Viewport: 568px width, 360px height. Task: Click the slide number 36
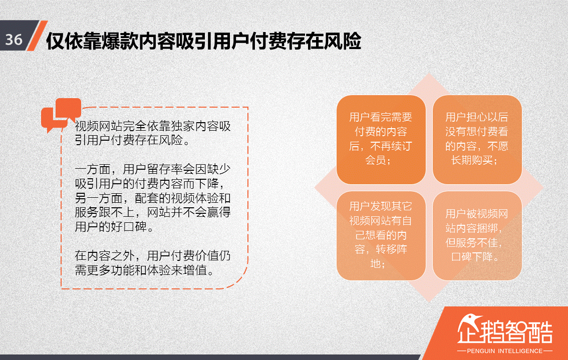[14, 40]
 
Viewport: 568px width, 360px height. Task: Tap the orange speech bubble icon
[61, 115]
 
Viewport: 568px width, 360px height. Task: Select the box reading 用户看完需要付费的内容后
[381, 139]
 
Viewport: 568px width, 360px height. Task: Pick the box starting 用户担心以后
[477, 139]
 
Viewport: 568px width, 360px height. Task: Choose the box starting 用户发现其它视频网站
[381, 235]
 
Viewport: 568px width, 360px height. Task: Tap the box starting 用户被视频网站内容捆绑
[477, 235]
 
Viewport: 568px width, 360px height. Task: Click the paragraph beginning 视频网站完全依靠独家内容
[153, 133]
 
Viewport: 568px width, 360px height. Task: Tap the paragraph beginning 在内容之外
[153, 263]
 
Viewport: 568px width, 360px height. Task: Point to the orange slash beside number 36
[37, 36]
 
